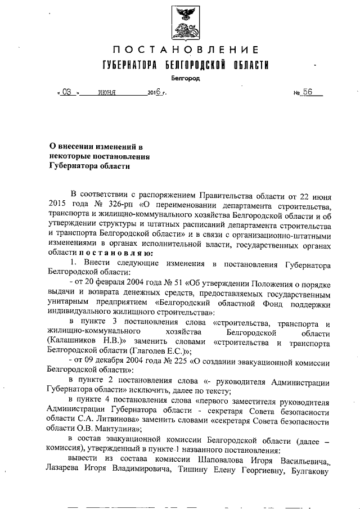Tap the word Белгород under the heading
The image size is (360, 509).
(186, 79)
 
